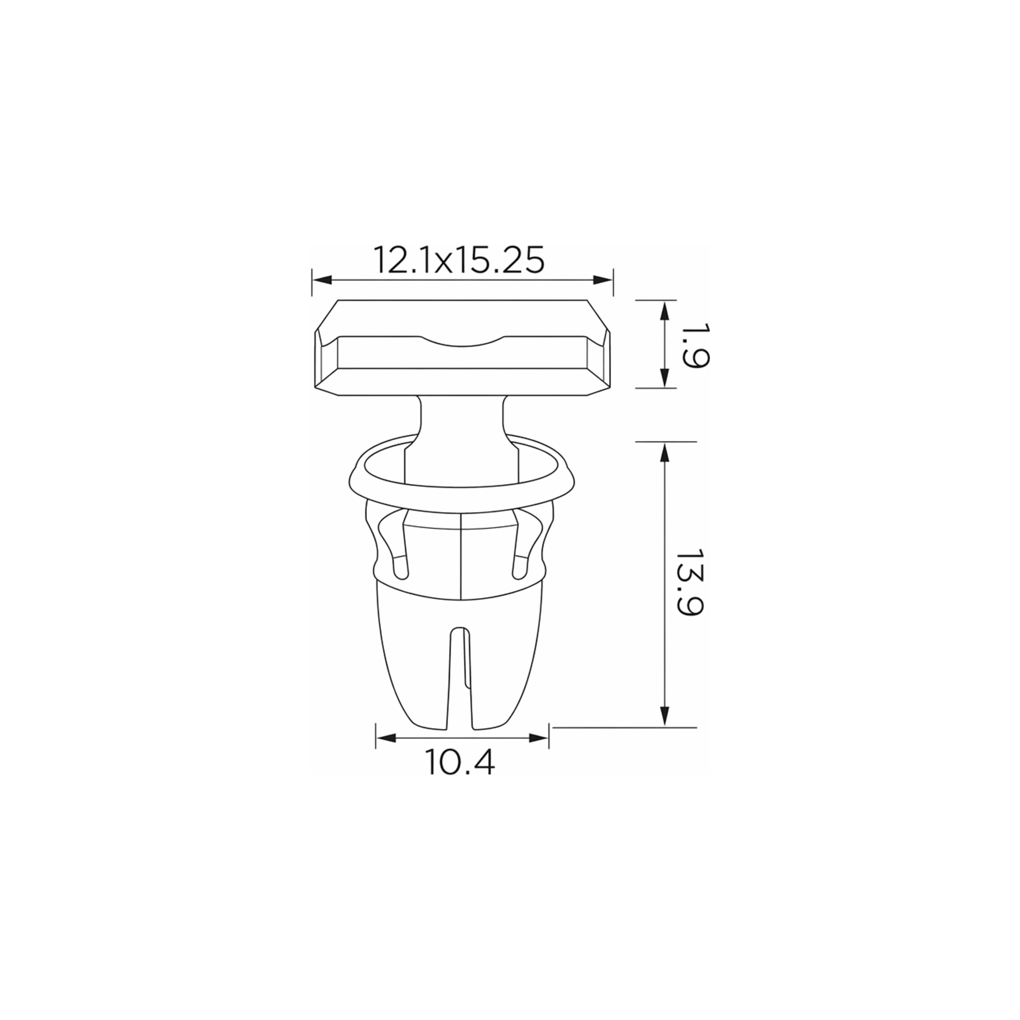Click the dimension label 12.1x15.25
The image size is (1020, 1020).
(x=459, y=260)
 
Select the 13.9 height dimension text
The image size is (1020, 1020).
(x=690, y=583)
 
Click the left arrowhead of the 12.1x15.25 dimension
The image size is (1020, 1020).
(x=322, y=280)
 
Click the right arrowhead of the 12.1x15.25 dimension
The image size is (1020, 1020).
(x=603, y=280)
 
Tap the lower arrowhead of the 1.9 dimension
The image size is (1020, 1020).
(x=665, y=377)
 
